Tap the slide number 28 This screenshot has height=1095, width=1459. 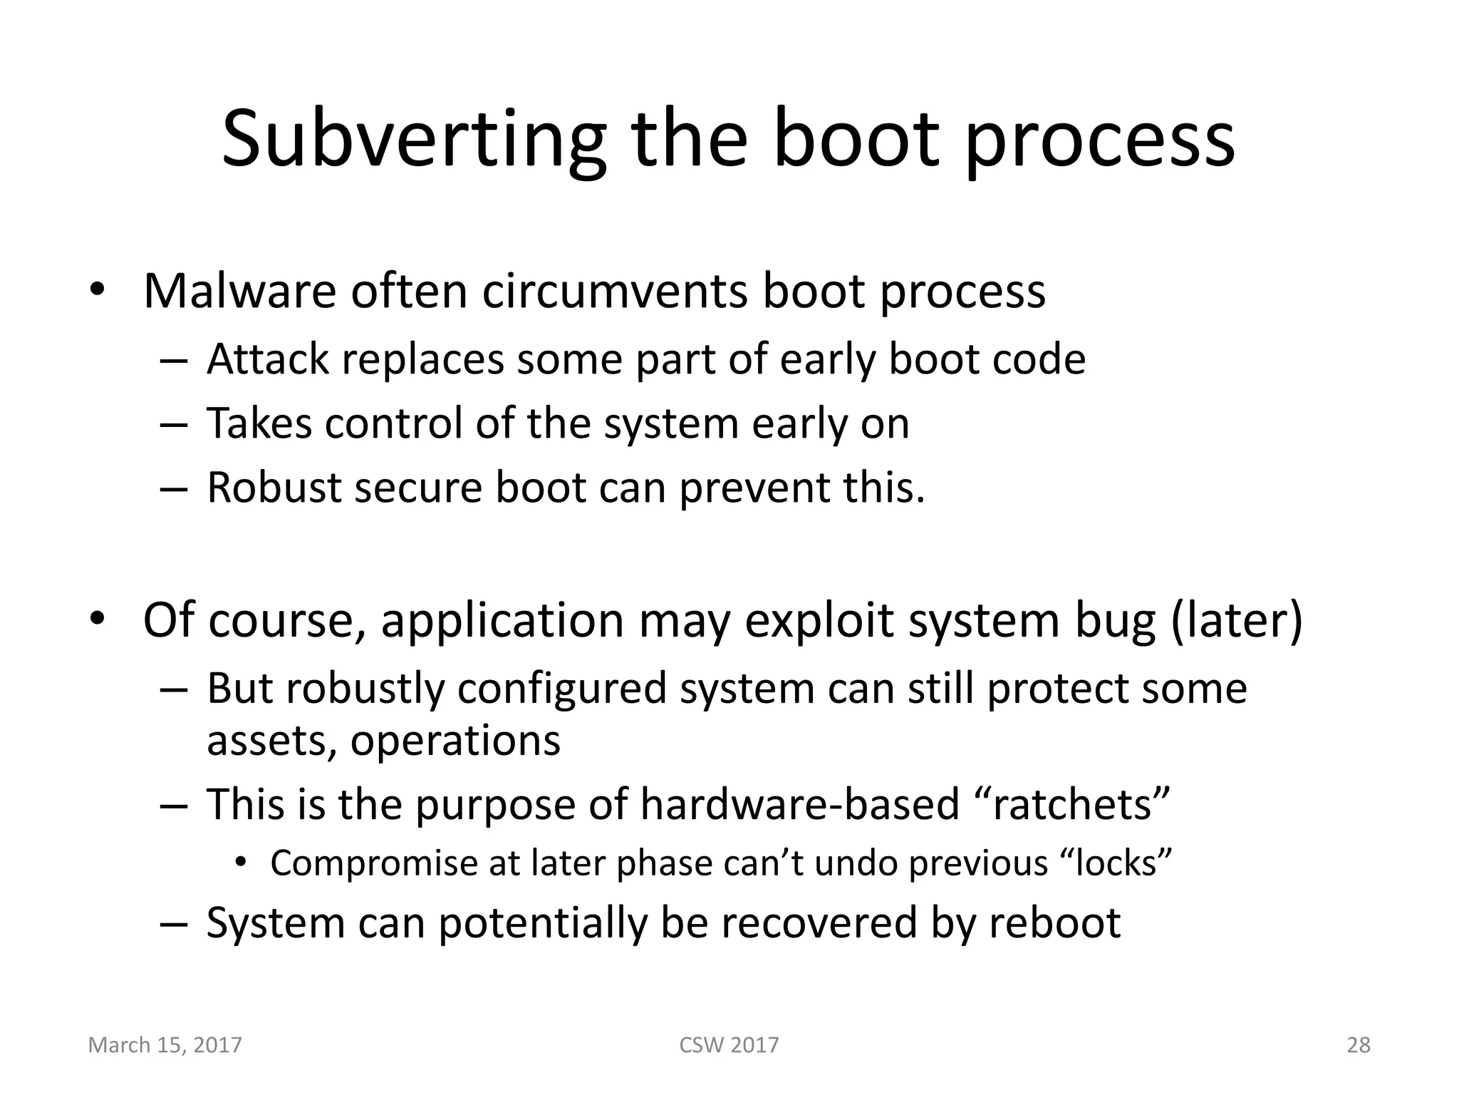[1359, 1045]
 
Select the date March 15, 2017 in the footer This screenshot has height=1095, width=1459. [165, 1045]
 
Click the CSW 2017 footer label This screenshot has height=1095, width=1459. [729, 1045]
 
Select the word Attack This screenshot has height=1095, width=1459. [268, 359]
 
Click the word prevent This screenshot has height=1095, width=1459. [754, 489]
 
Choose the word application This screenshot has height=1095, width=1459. [502, 620]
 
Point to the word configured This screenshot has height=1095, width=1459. [561, 689]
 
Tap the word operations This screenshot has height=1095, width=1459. [455, 741]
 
